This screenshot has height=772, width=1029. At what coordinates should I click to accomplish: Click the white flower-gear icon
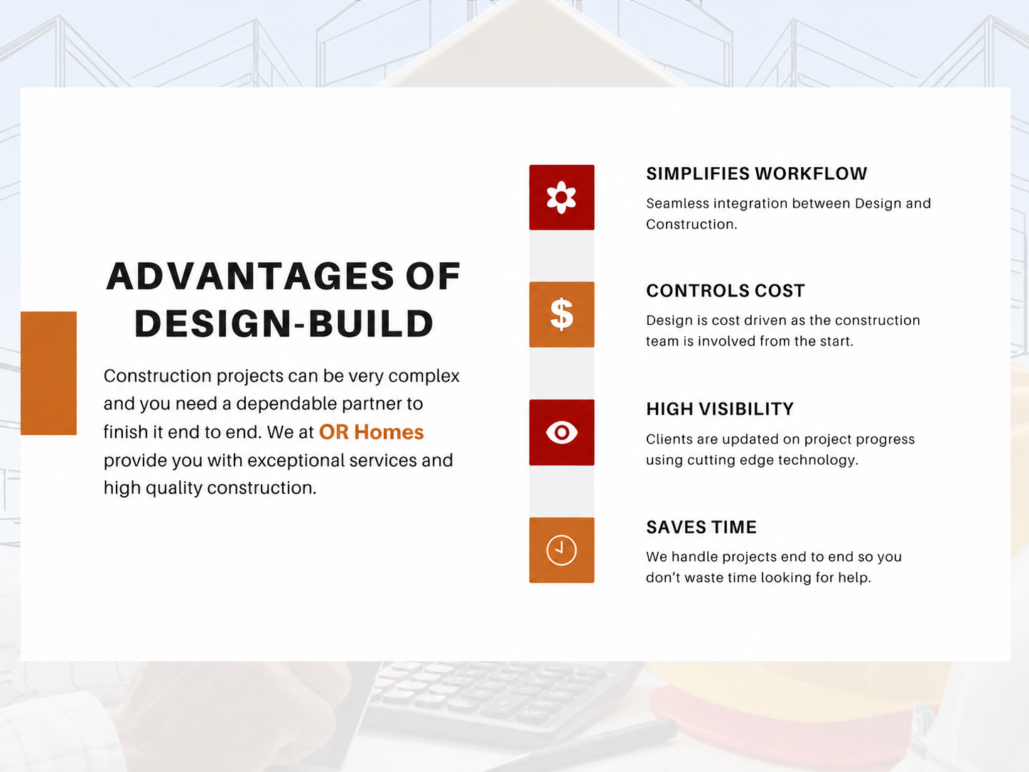pyautogui.click(x=561, y=198)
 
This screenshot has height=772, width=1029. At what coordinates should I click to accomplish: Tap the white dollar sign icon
pyautogui.click(x=561, y=314)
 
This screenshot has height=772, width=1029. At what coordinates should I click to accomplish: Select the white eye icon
pyautogui.click(x=561, y=432)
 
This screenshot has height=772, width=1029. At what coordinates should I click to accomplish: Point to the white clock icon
pyautogui.click(x=561, y=549)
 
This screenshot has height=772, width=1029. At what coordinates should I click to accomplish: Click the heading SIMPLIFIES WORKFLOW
pyautogui.click(x=757, y=173)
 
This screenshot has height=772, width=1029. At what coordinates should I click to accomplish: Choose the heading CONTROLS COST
pyautogui.click(x=726, y=291)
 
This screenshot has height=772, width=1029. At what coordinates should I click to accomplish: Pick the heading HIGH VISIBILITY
pyautogui.click(x=720, y=409)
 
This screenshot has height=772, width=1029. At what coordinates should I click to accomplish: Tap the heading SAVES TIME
pyautogui.click(x=701, y=527)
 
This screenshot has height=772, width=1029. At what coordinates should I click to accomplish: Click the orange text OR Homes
pyautogui.click(x=371, y=431)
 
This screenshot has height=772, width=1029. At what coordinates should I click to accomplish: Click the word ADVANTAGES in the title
pyautogui.click(x=250, y=276)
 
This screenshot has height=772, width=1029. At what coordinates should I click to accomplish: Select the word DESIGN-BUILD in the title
pyautogui.click(x=284, y=323)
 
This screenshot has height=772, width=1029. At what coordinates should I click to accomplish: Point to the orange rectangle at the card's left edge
pyautogui.click(x=48, y=373)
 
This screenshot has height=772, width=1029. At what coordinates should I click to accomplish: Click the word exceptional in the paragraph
pyautogui.click(x=296, y=461)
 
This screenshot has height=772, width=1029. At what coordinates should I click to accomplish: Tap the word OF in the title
pyautogui.click(x=433, y=276)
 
